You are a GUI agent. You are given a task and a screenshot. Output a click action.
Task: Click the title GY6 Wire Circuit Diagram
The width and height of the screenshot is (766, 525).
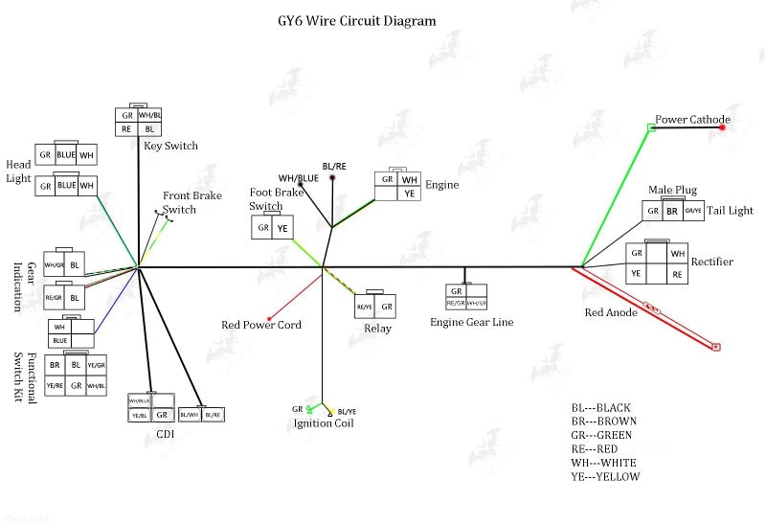click(349, 20)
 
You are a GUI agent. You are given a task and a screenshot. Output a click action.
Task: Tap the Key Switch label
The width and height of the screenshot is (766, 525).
click(170, 147)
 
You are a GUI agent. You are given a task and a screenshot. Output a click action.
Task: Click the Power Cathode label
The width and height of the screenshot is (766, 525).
click(692, 120)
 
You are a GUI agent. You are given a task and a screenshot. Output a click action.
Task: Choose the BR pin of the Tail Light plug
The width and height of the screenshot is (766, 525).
click(672, 211)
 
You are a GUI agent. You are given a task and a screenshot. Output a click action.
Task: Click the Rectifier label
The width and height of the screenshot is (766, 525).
click(711, 262)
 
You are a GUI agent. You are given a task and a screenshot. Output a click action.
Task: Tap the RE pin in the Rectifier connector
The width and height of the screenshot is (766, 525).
click(677, 274)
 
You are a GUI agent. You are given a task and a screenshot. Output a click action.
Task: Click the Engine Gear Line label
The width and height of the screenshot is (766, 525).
click(471, 322)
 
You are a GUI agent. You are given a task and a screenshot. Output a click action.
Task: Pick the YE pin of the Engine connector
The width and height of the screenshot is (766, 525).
click(409, 194)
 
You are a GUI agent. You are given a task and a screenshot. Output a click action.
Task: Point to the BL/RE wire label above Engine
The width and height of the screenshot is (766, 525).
click(334, 166)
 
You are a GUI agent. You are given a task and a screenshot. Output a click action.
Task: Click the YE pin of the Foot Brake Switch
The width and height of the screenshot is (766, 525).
click(282, 228)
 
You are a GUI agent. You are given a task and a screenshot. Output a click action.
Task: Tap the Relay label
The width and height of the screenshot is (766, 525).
click(377, 329)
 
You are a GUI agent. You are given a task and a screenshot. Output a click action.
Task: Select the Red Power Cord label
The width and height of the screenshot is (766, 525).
click(260, 325)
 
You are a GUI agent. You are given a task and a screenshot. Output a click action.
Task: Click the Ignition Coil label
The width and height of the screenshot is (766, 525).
click(324, 422)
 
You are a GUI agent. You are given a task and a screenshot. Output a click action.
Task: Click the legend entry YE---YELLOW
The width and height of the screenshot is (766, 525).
click(605, 476)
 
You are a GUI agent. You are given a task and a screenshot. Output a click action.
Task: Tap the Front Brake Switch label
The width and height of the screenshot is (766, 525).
click(191, 202)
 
